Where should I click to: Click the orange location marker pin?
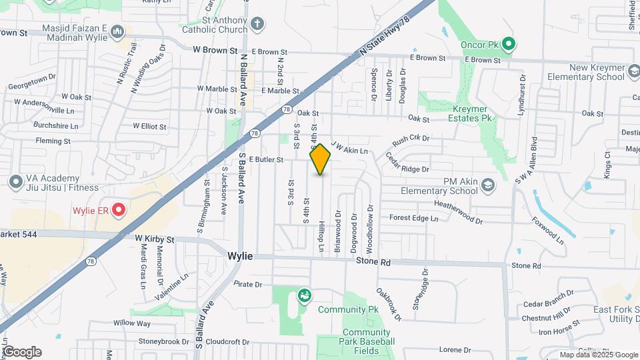pos(321,159)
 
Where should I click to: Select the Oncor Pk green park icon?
pos(509,45)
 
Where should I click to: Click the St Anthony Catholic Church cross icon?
pos(257,25)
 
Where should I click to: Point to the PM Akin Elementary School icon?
pos(488,185)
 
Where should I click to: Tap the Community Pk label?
pos(348,309)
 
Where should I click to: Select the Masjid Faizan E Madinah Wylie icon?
pos(117,31)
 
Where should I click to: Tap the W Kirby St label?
pos(154,238)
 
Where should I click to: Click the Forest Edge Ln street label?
pos(413,218)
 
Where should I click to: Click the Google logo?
pos(21,352)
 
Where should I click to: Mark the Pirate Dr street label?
pos(247,284)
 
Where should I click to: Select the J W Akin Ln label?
pos(349,147)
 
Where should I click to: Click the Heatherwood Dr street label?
pos(458,211)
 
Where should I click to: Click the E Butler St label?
pos(266,159)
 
